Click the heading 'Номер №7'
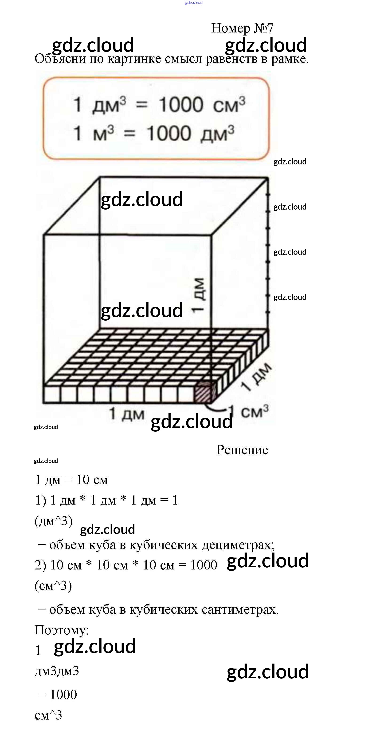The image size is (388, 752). [242, 28]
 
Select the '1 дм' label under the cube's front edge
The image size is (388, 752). [126, 414]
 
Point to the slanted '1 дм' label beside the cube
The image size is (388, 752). [256, 377]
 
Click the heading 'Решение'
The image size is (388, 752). [242, 450]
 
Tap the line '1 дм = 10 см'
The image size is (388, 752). [71, 480]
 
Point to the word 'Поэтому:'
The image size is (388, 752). [62, 630]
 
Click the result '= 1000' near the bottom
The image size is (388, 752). [58, 695]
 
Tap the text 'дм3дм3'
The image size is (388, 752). [57, 671]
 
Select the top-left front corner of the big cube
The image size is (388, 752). [44, 235]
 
